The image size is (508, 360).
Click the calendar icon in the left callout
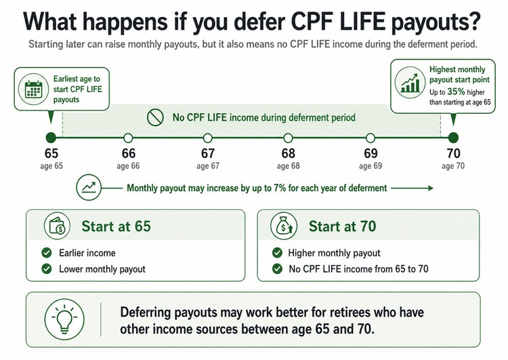31,93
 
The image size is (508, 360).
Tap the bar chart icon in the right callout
409,83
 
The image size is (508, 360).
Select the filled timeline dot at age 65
50,137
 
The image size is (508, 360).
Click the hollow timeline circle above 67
208,137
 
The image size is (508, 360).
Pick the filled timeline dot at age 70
453,137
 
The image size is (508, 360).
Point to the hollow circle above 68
289,137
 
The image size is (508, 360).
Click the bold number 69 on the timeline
371,153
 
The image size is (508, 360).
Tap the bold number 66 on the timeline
129,153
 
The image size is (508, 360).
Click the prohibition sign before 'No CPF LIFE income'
156,117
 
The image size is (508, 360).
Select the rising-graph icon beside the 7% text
89,188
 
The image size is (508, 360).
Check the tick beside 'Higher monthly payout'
276,253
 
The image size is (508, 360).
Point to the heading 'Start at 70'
342,225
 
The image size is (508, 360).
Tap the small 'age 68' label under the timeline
289,165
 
